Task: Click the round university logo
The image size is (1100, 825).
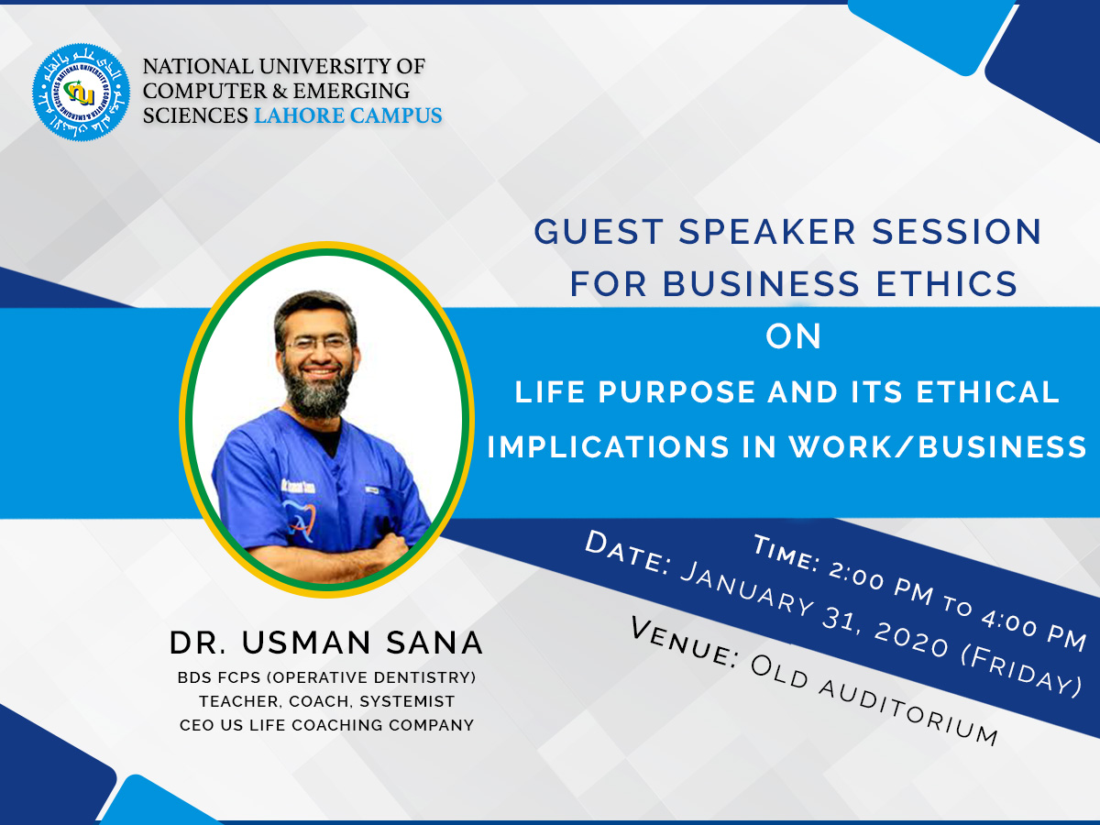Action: (82, 93)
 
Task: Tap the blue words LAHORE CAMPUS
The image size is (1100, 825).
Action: (347, 115)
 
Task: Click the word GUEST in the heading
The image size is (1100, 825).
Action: (599, 231)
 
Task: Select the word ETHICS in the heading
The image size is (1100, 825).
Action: (947, 284)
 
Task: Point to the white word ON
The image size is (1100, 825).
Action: (793, 336)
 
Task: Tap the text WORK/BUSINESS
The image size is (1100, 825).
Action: (938, 446)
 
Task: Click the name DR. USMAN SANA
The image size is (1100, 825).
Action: (326, 643)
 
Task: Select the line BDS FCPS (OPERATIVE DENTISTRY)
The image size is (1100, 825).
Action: (326, 677)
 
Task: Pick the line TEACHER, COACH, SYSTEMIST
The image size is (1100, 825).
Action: (326, 701)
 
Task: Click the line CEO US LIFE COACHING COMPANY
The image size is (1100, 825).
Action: (326, 725)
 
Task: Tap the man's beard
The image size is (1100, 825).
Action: (315, 390)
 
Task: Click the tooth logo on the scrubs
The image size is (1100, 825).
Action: (300, 522)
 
